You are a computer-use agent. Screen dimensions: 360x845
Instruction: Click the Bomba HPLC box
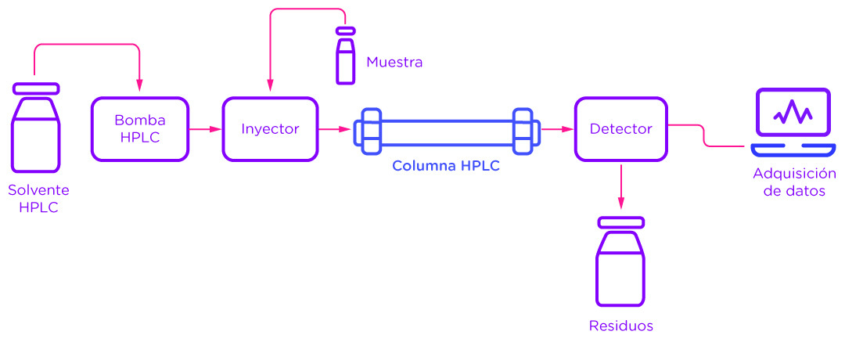(140, 129)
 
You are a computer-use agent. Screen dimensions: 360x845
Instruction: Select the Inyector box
(270, 129)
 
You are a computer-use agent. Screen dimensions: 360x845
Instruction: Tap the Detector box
(620, 129)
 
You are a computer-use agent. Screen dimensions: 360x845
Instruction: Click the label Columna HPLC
(445, 166)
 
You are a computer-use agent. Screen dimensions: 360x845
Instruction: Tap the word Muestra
(394, 62)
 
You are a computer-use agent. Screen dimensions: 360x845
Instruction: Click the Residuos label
(620, 326)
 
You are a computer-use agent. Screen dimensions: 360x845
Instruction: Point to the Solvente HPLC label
(38, 199)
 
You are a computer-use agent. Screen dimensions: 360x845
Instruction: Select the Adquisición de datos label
(794, 182)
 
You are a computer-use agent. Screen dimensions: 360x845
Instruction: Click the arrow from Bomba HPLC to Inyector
(205, 129)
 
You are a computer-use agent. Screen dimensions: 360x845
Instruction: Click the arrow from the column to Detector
(556, 129)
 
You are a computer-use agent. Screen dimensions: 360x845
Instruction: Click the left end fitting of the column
(369, 129)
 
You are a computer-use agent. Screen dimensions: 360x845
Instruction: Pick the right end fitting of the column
(523, 129)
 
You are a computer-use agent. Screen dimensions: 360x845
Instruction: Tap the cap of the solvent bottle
(36, 88)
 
